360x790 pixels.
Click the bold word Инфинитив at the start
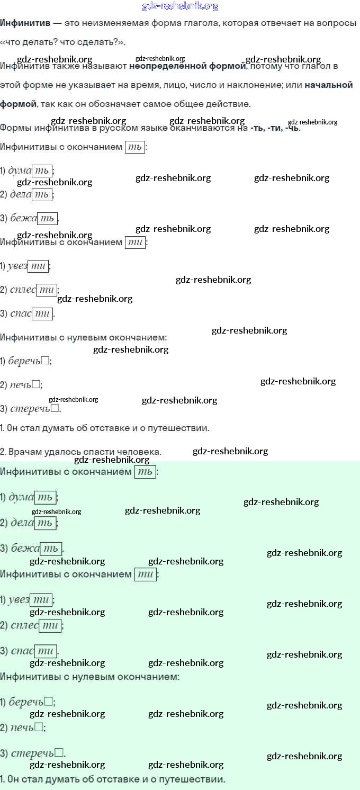25,23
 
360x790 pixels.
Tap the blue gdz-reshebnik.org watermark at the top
180,6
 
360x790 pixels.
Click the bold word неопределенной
161,67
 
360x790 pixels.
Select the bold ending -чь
292,128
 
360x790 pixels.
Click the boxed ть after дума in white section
42,170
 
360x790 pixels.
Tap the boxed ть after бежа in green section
50,548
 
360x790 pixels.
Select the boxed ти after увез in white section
38,266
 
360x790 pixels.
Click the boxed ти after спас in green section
45,651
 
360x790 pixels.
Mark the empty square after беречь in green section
49,702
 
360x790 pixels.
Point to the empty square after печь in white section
36,385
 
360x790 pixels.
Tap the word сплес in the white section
23,290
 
